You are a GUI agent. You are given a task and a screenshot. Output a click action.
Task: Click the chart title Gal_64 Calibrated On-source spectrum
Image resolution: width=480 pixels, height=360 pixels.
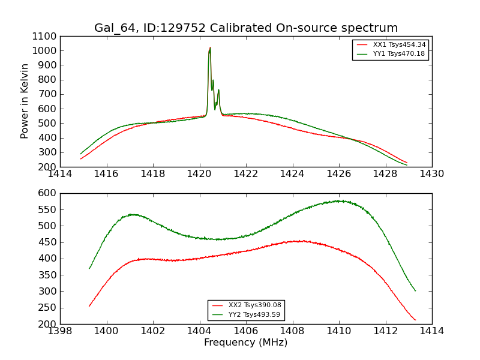tap(246, 28)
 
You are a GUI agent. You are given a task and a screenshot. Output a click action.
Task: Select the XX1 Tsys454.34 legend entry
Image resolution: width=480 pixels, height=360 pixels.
tap(399, 44)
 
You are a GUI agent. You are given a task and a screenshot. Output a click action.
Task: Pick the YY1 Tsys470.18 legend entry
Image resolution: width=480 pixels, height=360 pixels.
tap(399, 53)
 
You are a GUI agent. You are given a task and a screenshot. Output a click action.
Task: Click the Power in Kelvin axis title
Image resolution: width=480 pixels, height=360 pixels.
tap(25, 101)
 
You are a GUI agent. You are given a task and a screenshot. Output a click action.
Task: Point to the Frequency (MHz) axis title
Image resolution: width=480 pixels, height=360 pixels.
tap(246, 343)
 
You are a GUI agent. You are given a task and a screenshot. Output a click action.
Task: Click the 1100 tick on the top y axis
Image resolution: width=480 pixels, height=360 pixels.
tap(46, 36)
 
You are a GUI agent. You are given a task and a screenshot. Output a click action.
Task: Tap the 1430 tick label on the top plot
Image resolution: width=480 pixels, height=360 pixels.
tap(432, 173)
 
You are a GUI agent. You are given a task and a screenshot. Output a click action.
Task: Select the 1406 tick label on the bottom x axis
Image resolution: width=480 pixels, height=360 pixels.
tap(246, 331)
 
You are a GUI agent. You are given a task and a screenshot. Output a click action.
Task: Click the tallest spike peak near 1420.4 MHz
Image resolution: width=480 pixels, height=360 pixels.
tap(210, 47)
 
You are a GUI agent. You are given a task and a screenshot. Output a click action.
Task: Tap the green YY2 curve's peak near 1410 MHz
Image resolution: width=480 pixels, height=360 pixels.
tap(339, 201)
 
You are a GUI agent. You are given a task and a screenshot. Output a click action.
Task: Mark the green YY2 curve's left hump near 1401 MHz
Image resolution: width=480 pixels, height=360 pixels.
tap(133, 214)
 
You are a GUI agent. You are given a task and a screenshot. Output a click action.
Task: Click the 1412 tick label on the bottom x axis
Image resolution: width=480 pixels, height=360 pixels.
tap(385, 331)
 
